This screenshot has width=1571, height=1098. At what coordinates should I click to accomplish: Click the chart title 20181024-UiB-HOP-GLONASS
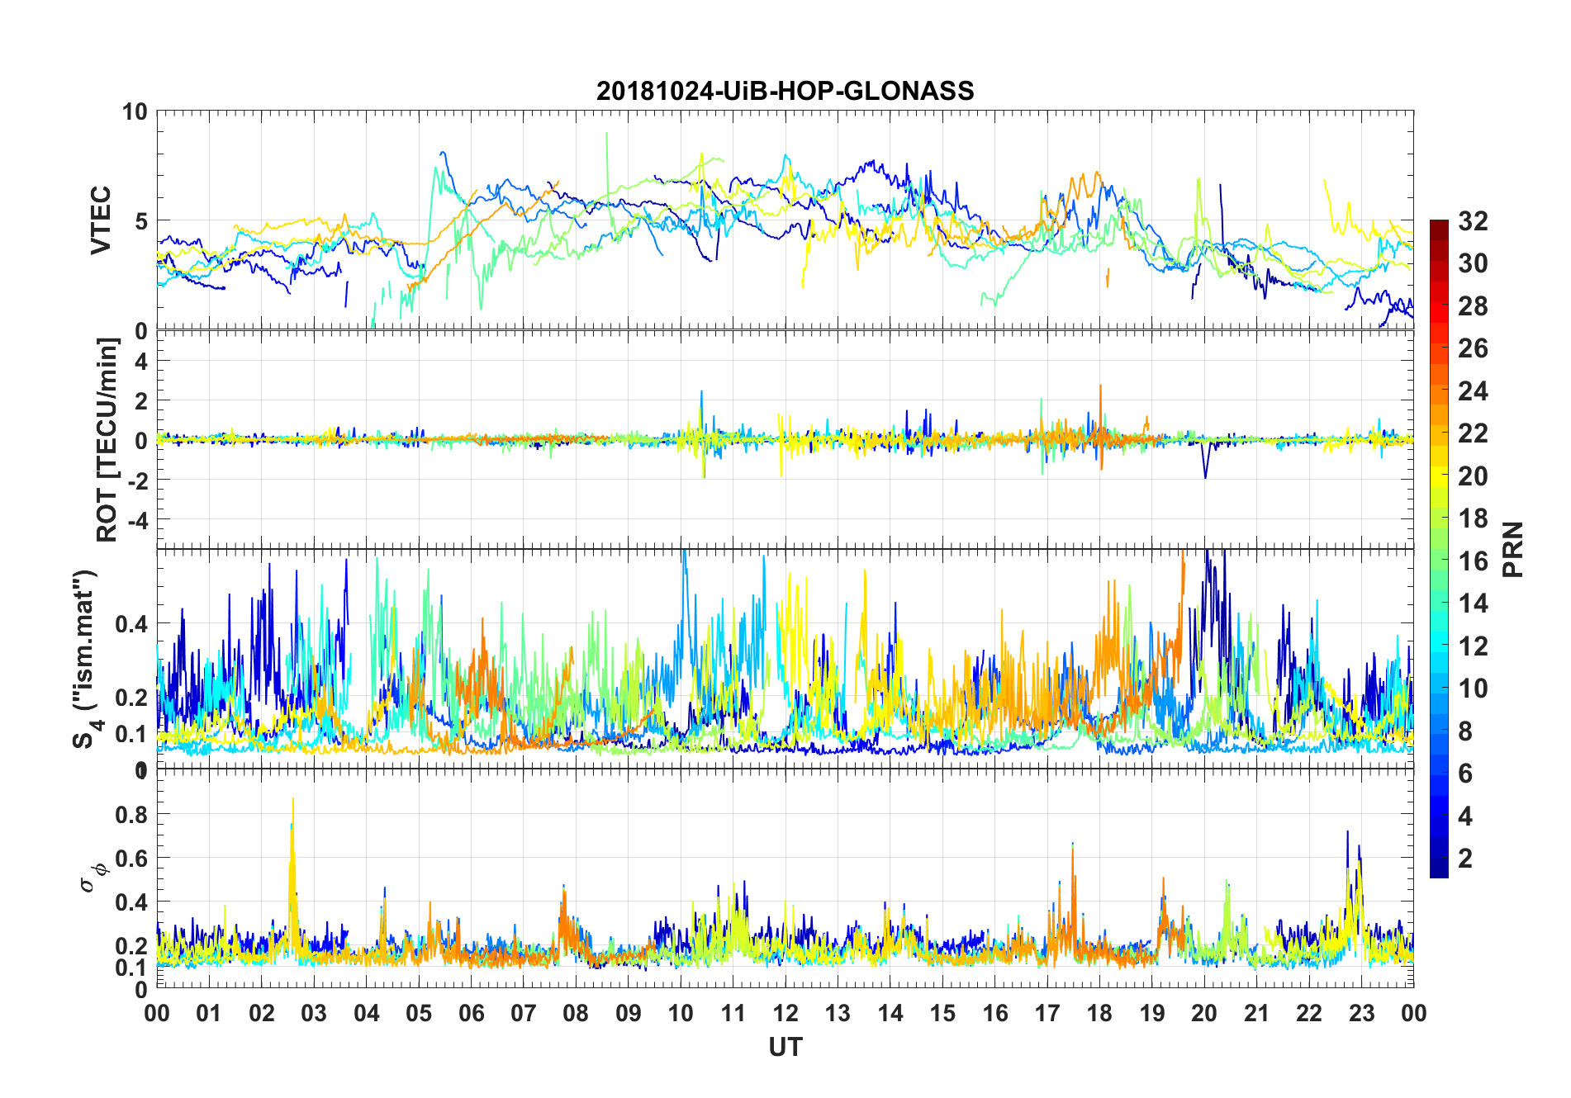(785, 91)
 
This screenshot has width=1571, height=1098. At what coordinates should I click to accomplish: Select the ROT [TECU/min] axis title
(107, 439)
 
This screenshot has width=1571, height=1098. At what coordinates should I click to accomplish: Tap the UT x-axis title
(785, 1048)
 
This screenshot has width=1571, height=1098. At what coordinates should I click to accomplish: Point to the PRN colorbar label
(1513, 549)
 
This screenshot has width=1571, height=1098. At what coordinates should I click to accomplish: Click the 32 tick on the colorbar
(1473, 221)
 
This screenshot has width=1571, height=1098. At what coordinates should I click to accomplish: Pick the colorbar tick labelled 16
(1473, 561)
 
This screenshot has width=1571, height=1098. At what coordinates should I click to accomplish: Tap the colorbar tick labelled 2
(1465, 859)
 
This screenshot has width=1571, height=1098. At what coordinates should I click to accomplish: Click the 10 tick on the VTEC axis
(135, 112)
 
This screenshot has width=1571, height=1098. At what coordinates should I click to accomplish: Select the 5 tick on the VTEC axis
(140, 221)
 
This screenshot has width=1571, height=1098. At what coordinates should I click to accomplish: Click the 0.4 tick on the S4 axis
(132, 624)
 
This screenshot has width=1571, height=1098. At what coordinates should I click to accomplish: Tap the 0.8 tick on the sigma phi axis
(132, 815)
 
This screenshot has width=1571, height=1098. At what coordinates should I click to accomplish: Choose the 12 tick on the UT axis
(785, 1014)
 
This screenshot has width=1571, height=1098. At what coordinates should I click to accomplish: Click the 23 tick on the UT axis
(1361, 1014)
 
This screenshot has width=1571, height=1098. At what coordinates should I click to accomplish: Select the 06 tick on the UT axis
(472, 1014)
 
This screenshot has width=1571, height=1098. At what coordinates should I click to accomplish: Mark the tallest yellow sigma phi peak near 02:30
(292, 800)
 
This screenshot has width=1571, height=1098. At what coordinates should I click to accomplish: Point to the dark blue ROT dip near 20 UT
(1205, 476)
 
